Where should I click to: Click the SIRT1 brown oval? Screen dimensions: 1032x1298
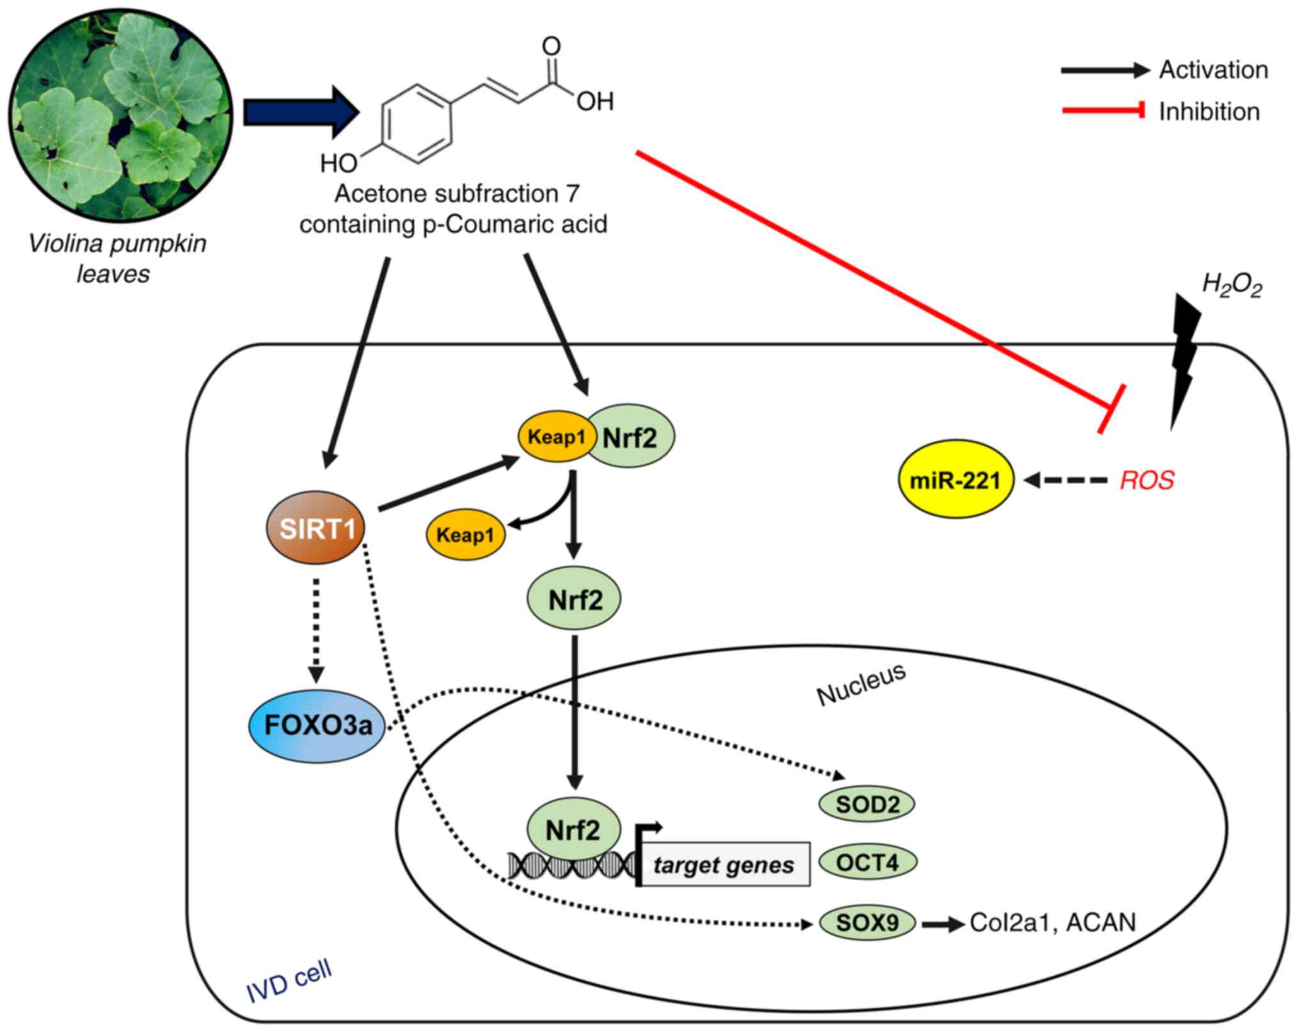[316, 527]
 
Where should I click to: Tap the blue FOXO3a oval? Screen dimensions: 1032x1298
[317, 725]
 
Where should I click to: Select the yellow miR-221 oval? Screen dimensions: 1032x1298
[955, 480]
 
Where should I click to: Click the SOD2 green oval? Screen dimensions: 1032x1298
[867, 803]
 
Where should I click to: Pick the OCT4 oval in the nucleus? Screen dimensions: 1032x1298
[867, 863]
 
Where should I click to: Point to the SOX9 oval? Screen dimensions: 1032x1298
[867, 922]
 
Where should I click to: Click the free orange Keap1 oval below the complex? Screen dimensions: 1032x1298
[465, 535]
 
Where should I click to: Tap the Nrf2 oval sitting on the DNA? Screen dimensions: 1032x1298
[573, 830]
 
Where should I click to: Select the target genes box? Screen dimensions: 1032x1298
[724, 865]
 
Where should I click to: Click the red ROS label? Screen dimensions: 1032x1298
[1147, 480]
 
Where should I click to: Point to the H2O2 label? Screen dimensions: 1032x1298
[1232, 285]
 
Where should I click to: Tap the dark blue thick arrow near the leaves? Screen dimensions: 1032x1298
[300, 112]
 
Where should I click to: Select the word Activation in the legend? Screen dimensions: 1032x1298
[1213, 70]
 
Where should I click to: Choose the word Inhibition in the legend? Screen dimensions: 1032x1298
[1209, 112]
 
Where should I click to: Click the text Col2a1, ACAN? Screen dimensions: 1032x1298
[1053, 923]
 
